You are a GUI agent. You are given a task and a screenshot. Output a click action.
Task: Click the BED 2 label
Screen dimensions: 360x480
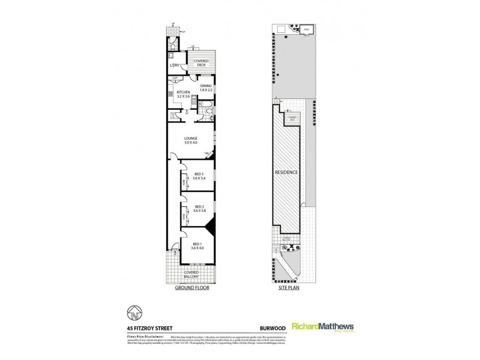[x=199, y=208]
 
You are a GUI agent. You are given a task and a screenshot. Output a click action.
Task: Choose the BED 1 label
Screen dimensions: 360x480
[x=197, y=244]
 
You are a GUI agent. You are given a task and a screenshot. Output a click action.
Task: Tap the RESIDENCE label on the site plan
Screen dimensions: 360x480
[x=286, y=172]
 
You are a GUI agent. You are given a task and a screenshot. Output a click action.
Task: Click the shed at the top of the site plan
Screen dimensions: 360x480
[x=306, y=28]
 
